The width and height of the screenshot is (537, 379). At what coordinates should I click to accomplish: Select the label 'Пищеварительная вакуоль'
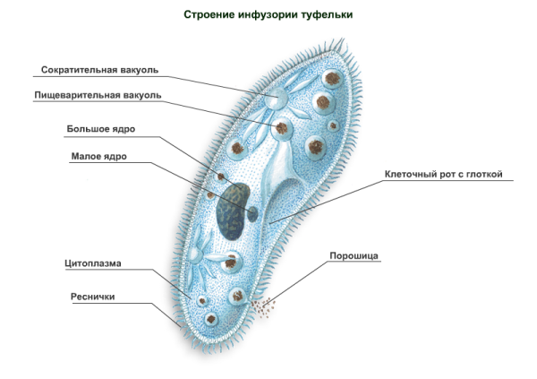tap(98, 95)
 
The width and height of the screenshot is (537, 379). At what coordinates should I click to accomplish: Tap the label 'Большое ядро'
tap(101, 128)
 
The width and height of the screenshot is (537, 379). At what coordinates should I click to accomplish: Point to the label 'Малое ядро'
tap(98, 156)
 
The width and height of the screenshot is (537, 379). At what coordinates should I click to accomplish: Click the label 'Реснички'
tap(92, 296)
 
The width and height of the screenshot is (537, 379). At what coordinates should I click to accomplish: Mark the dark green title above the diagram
tap(268, 15)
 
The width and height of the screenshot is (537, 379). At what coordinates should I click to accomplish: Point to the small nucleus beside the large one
tap(253, 213)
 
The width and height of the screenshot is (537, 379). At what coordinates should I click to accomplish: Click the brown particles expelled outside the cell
tap(266, 306)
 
